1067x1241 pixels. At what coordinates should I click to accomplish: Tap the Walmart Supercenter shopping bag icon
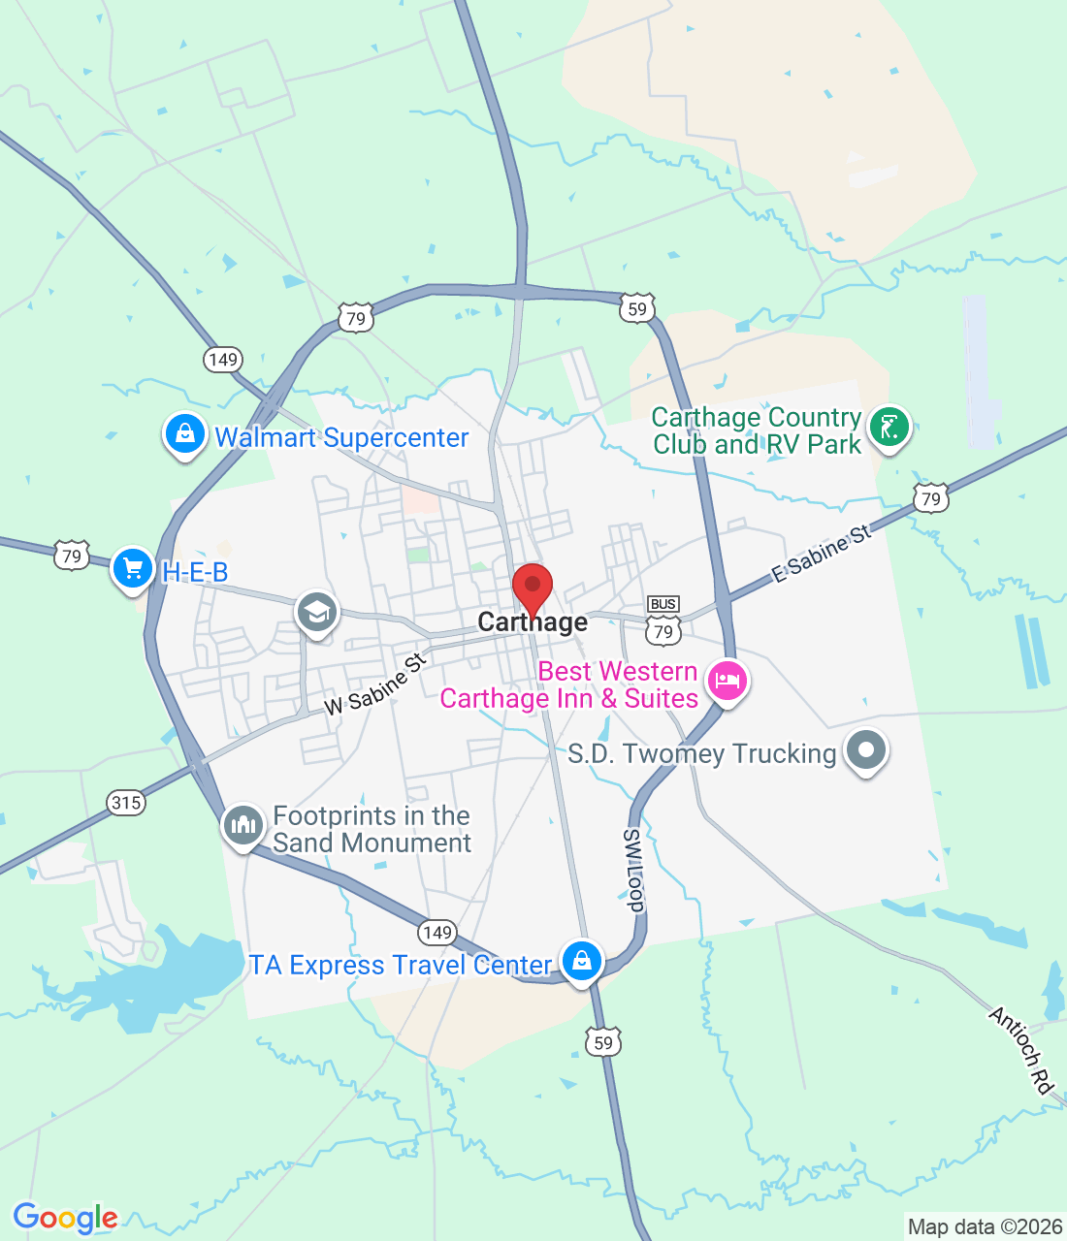[184, 434]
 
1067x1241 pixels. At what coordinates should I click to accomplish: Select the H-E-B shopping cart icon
[133, 569]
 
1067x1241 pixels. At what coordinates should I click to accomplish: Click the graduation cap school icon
[317, 612]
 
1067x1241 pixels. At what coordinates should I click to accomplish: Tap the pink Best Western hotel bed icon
[727, 681]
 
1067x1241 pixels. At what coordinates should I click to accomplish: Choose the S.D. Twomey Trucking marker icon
[866, 750]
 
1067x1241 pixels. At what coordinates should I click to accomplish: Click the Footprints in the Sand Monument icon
[242, 826]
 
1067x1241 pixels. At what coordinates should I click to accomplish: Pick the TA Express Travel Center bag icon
[581, 961]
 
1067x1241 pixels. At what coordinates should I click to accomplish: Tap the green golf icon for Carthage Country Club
[889, 427]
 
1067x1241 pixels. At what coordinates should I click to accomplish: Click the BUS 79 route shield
[663, 621]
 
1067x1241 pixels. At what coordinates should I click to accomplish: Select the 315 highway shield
[126, 802]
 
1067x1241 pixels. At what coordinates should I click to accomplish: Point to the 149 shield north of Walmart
[223, 360]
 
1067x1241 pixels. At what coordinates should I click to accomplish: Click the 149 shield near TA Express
[437, 933]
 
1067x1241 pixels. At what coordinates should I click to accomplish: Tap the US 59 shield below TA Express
[603, 1042]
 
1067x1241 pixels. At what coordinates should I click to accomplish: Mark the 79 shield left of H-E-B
[72, 556]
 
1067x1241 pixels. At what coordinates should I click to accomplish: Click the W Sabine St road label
[375, 684]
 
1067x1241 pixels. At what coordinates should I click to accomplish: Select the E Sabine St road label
[822, 554]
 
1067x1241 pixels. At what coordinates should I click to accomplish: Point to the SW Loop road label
[633, 871]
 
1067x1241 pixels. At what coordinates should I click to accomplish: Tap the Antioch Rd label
[1021, 1051]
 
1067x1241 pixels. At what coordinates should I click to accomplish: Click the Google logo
[65, 1217]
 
